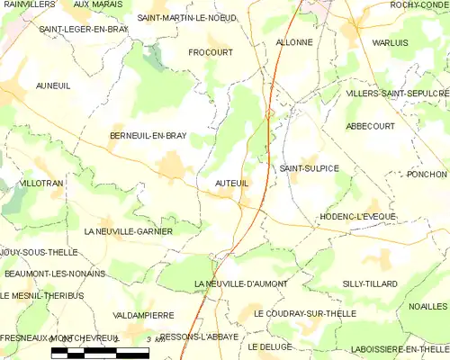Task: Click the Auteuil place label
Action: click(x=231, y=183)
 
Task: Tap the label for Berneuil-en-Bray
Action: click(x=148, y=136)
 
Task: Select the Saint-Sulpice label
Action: click(x=309, y=168)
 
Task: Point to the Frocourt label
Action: click(x=211, y=53)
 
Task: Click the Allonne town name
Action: click(x=293, y=42)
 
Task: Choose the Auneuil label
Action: click(x=52, y=85)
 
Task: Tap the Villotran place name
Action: click(x=41, y=183)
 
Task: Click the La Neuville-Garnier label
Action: click(x=128, y=231)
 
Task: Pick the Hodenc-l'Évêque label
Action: click(x=357, y=217)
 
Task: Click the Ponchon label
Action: click(x=427, y=174)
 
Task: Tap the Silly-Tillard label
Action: click(x=369, y=283)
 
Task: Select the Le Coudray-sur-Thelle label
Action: click(x=304, y=314)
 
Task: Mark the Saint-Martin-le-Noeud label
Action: click(x=186, y=17)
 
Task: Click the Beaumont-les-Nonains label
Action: click(x=55, y=273)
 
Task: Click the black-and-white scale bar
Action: click(x=99, y=353)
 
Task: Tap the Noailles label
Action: click(x=427, y=307)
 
